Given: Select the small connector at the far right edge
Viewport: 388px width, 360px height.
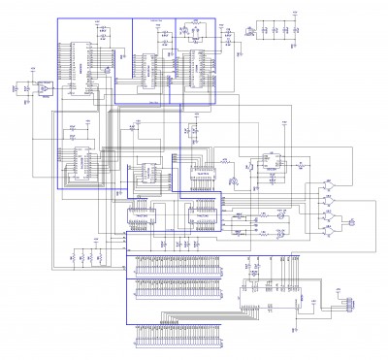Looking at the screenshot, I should point(343,306).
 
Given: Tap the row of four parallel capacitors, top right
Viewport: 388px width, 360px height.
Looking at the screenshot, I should point(276,32).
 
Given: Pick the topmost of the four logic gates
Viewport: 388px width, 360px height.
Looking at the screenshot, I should point(327,182).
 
